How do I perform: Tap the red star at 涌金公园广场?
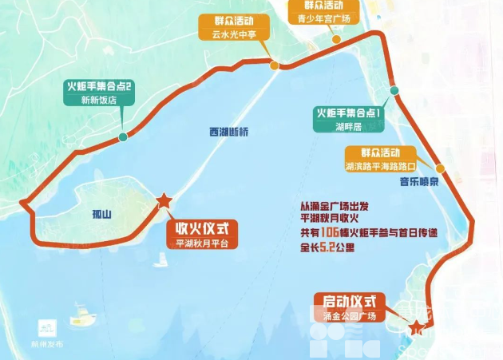point(415,324)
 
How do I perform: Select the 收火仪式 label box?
point(202,227)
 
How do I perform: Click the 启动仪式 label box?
point(349,302)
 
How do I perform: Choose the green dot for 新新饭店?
point(122,137)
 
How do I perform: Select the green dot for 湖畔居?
point(394,91)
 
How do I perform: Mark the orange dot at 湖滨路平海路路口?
point(439,169)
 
